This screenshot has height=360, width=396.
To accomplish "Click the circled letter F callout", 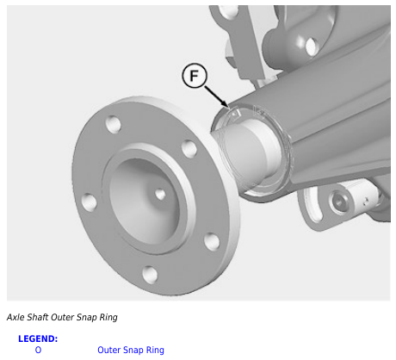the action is tap(195, 76).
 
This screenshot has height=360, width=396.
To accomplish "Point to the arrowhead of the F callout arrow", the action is tap(226, 105).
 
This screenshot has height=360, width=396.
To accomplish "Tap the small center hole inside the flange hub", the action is tap(160, 195).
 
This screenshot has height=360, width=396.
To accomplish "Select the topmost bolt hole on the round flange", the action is tap(113, 124).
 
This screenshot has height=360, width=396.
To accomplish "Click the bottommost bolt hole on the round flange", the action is tap(150, 274).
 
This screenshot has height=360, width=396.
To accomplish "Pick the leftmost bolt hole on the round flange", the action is tap(89, 202).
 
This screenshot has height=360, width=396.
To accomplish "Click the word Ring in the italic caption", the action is tap(108, 318).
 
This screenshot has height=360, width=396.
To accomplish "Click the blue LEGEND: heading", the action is tap(38, 338).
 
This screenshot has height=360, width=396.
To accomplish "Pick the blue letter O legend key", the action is tap(38, 350).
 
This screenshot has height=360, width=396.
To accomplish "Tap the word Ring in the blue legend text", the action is tap(155, 351).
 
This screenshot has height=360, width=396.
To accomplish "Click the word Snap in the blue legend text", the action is tap(133, 351).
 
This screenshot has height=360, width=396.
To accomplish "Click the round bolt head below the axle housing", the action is tap(339, 202).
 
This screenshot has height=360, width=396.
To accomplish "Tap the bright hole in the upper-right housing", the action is tap(311, 46).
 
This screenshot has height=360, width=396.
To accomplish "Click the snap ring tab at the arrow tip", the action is tap(235, 114).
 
